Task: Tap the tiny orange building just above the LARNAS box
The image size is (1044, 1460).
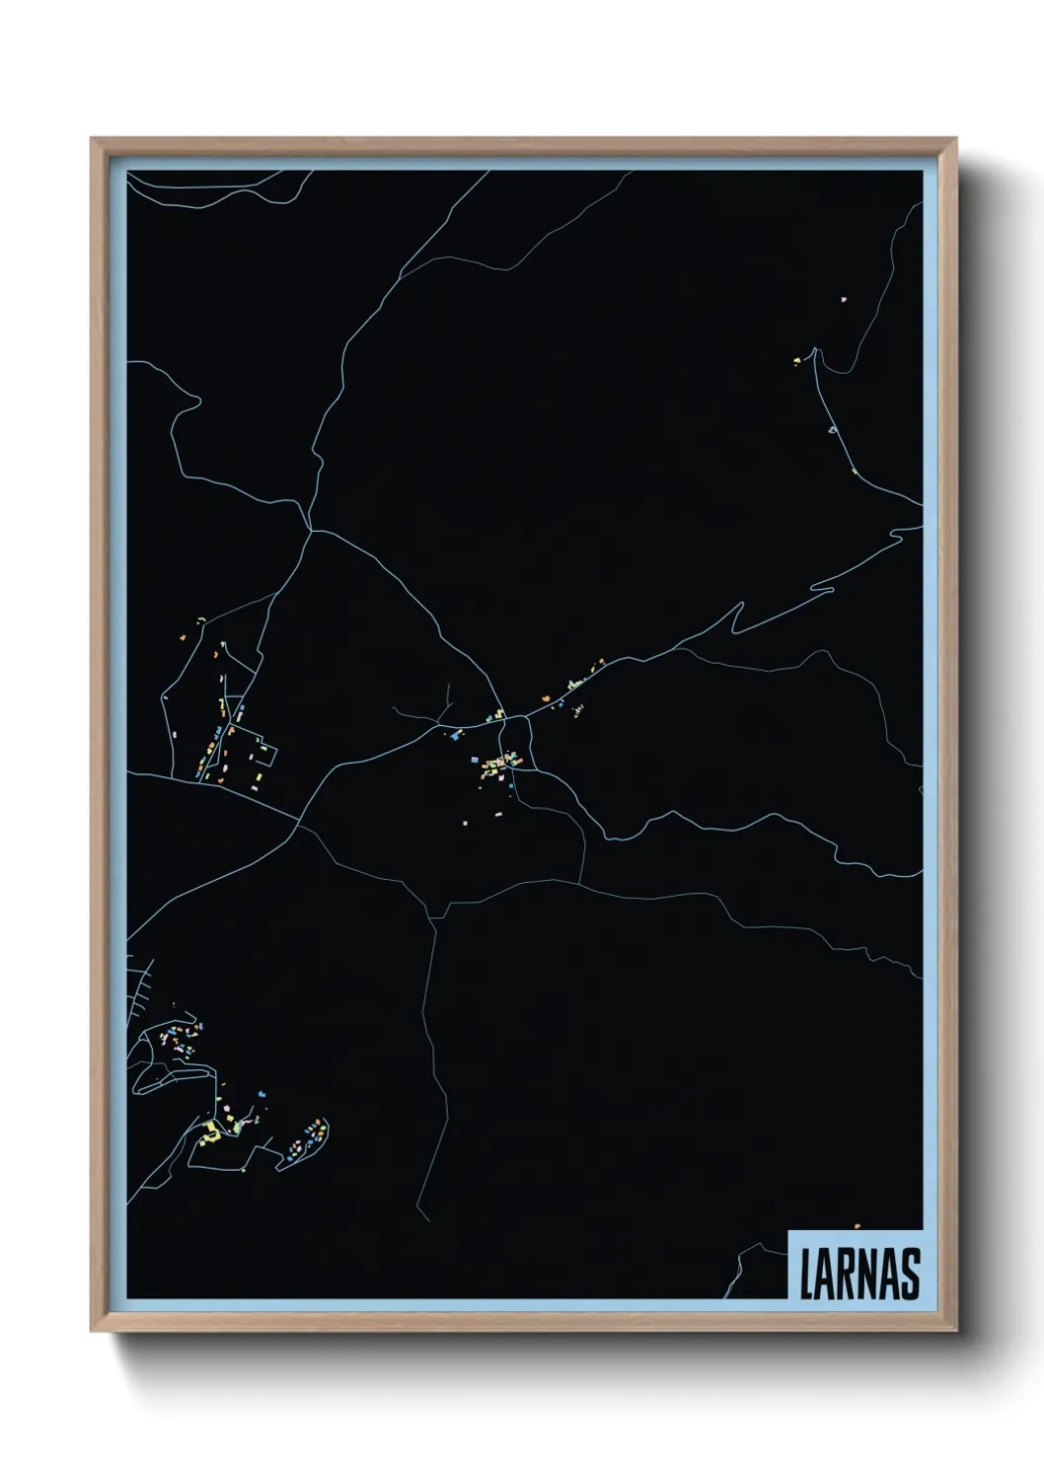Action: coord(857,1225)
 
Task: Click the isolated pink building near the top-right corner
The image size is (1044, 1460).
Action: coord(844,298)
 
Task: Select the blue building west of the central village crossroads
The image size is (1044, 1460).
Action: coord(455,734)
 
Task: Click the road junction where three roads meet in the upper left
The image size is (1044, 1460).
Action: coord(312,531)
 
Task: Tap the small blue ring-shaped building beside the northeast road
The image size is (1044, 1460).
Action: coord(833,429)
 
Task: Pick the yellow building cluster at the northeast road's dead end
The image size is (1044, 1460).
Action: coord(796,362)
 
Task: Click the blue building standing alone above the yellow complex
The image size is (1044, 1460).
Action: coord(261,1093)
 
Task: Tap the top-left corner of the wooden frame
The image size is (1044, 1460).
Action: coord(92,139)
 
